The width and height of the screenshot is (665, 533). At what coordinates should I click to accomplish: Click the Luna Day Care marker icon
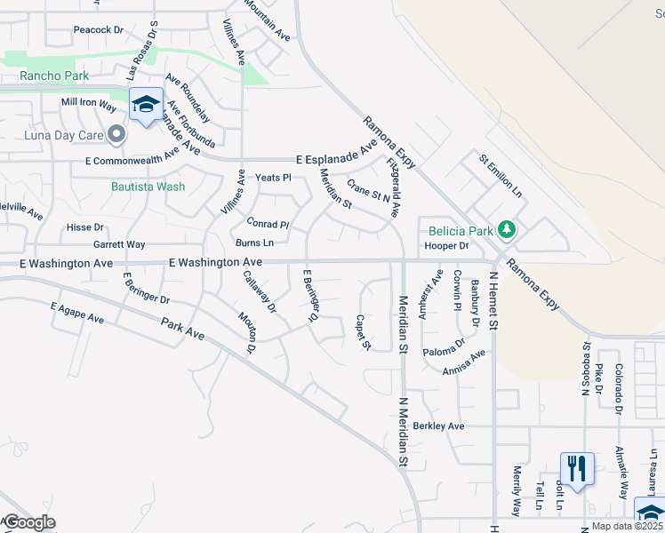[x=116, y=135]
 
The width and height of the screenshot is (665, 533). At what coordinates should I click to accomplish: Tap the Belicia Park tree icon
[x=507, y=231]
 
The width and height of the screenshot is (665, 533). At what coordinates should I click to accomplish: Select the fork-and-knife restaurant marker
[x=576, y=467]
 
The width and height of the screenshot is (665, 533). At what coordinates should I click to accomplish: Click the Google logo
[x=29, y=522]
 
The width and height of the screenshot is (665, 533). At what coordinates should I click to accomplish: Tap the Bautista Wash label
[x=148, y=187]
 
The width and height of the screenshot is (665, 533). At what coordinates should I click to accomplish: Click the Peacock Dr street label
[x=99, y=29]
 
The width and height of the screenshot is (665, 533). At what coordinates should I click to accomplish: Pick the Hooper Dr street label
[x=446, y=245]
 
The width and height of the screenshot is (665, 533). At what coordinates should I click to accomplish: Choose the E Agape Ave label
[x=77, y=313]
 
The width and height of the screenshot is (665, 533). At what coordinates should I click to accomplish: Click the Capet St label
[x=362, y=331]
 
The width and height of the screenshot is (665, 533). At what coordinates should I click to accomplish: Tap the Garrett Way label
[x=119, y=244]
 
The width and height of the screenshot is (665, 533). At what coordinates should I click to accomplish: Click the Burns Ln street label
[x=254, y=243]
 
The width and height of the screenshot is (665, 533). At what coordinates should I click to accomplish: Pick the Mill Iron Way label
[x=89, y=103]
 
